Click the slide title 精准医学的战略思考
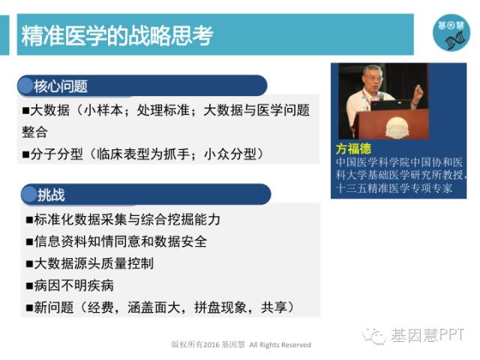point(117,35)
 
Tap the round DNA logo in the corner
point(451,32)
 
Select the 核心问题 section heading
point(61,86)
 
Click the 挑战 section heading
point(51,195)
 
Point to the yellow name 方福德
point(353,149)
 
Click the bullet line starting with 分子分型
point(143,154)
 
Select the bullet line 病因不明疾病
point(70,285)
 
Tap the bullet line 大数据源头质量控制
point(90,263)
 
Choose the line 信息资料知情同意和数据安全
point(117,241)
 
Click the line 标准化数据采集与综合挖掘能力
point(123,219)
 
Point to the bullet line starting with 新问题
point(160,307)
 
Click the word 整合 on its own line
point(35,132)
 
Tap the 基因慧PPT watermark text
point(427,335)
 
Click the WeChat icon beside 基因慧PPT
point(374,336)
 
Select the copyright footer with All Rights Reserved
point(241,345)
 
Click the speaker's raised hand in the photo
point(418,90)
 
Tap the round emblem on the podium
point(397,128)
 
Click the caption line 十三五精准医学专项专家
point(394,188)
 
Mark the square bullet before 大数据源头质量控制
point(29,264)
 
